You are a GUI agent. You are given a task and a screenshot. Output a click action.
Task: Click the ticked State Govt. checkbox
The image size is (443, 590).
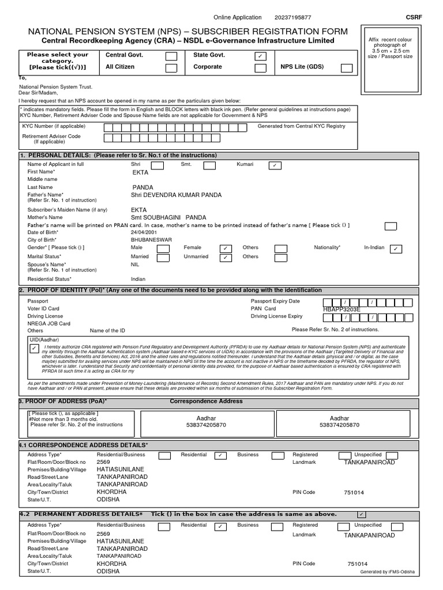point(260,56)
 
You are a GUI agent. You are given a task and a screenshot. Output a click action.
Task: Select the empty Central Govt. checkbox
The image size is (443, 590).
point(171,56)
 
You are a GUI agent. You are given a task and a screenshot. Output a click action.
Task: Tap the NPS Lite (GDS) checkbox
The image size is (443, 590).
point(346,68)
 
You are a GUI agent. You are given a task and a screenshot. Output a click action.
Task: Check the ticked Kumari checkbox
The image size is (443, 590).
point(275,165)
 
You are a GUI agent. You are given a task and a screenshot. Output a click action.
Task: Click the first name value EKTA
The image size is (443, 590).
point(140,172)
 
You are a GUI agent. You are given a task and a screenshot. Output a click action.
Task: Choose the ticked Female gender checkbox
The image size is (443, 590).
point(226,248)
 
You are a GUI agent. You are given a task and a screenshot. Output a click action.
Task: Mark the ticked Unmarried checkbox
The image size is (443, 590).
point(226,258)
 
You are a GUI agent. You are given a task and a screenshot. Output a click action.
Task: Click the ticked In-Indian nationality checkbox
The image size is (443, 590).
point(396,248)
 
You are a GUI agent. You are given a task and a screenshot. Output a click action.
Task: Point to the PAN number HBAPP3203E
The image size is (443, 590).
point(341,309)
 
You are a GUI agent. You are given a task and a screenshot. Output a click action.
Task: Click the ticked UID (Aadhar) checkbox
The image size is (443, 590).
point(35,349)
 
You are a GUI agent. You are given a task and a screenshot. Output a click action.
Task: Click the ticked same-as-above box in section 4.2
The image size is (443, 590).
point(361,514)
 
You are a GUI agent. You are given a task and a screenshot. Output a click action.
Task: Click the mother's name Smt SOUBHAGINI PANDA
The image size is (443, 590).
point(168,218)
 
